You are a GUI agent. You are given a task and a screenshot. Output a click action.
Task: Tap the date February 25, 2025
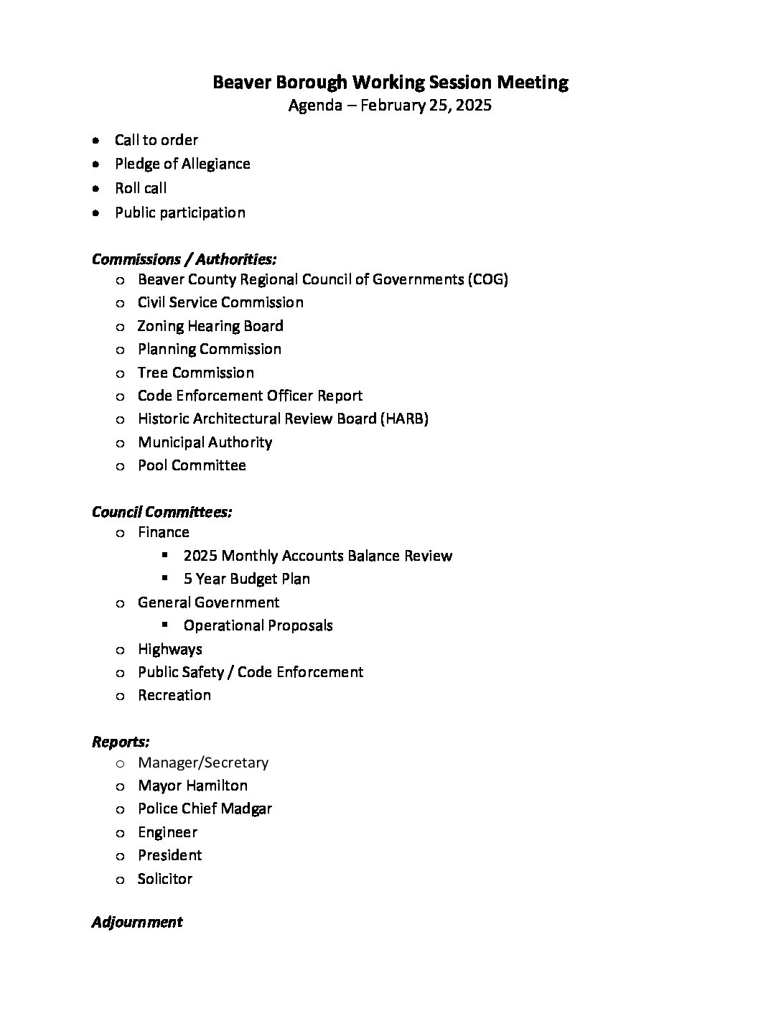[x=426, y=106]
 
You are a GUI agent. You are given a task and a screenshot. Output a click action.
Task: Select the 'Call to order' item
[x=156, y=140]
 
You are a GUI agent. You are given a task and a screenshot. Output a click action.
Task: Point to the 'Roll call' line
[x=141, y=188]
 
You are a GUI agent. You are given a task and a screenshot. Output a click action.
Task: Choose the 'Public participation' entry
[x=179, y=213]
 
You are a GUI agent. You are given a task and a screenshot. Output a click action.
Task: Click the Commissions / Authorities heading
[x=184, y=258]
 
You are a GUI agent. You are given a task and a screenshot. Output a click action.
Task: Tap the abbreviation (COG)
[x=487, y=279]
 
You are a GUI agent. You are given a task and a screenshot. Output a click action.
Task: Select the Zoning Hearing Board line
[x=210, y=326]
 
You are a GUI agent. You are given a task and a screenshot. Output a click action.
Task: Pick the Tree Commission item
[x=195, y=373]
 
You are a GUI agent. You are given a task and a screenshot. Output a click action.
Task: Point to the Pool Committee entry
[x=192, y=465]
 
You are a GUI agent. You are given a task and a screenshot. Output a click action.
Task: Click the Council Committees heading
[x=162, y=512]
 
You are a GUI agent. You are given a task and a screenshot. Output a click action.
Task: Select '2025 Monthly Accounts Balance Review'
[x=317, y=556]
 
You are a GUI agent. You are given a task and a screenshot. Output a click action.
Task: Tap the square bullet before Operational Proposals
[x=164, y=625]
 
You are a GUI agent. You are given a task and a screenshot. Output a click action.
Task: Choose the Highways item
[x=169, y=649]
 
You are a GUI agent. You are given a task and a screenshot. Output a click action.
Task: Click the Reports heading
[x=121, y=742]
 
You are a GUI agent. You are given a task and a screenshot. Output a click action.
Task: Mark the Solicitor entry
[x=165, y=879]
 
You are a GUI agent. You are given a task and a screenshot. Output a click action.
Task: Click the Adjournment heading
[x=137, y=922]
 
